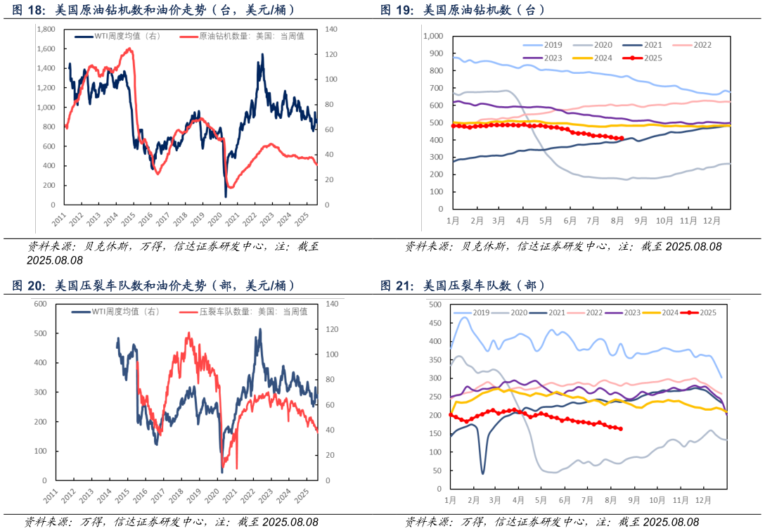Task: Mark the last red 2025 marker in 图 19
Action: [621, 139]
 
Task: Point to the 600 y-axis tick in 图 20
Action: [39, 304]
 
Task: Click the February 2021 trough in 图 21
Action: [482, 473]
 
